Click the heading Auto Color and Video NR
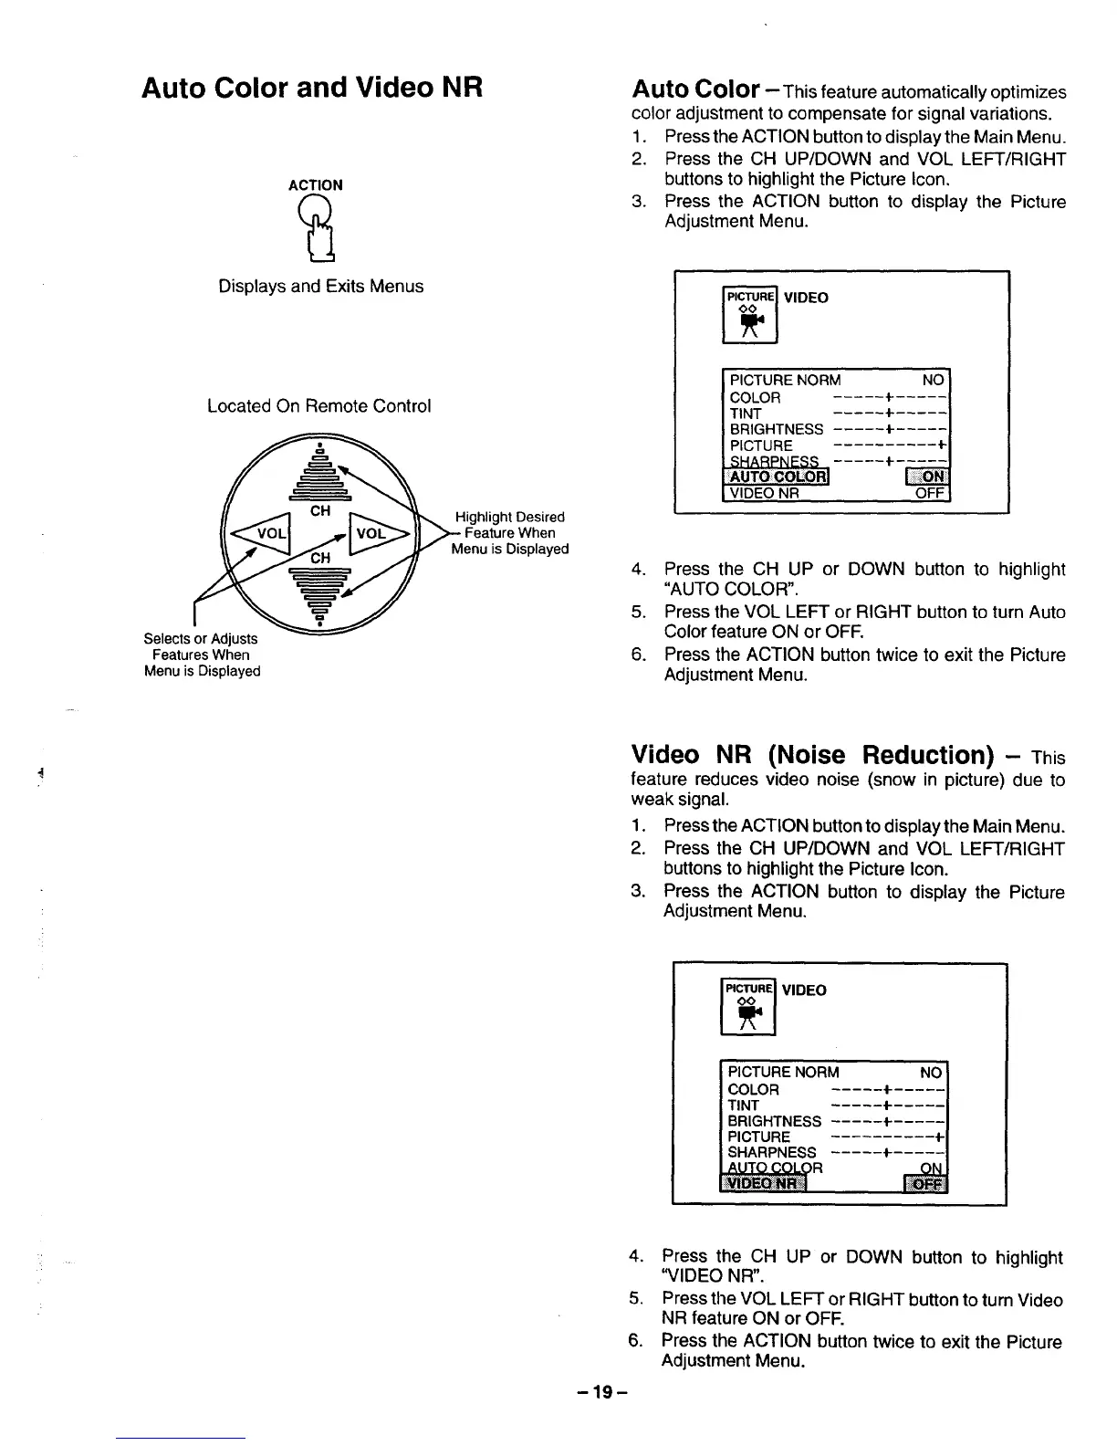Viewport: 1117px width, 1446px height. coord(311,88)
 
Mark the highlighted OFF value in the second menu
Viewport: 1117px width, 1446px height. coord(925,1184)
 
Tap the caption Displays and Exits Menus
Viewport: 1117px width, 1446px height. coord(320,287)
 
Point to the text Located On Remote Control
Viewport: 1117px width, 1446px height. coord(318,406)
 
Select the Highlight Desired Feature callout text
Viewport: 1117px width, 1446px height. coord(510,533)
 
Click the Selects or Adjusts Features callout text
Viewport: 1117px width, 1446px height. coord(202,655)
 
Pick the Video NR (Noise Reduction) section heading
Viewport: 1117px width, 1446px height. coord(812,755)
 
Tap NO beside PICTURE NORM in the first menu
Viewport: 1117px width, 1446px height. coord(934,380)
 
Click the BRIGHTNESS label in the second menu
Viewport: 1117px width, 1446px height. coord(774,1121)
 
